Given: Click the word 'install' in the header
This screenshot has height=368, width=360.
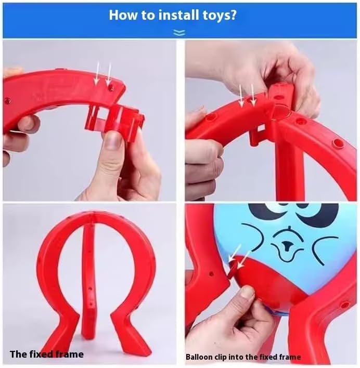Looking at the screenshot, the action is pyautogui.click(x=177, y=15).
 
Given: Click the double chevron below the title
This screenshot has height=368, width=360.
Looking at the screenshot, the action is pyautogui.click(x=179, y=33).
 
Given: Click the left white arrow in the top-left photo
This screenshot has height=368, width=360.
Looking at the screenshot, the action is pyautogui.click(x=97, y=73).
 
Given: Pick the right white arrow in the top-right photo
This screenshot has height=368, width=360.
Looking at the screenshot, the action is pyautogui.click(x=253, y=95).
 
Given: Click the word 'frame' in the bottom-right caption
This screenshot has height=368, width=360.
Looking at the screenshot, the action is pyautogui.click(x=289, y=357).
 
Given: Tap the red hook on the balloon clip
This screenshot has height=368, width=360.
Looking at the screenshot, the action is pyautogui.click(x=233, y=269).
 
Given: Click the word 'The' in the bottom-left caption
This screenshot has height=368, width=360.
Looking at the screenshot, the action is pyautogui.click(x=19, y=354).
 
